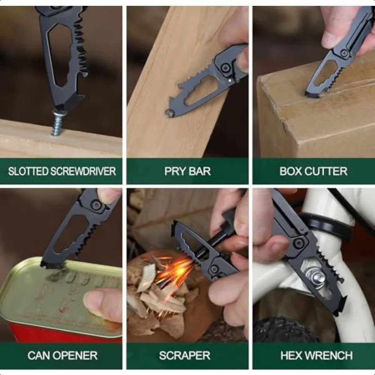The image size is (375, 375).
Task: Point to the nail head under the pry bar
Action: pos(170,112)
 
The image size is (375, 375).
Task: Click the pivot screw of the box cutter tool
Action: pos(344,53)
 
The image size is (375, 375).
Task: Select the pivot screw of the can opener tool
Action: pos(96,205)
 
